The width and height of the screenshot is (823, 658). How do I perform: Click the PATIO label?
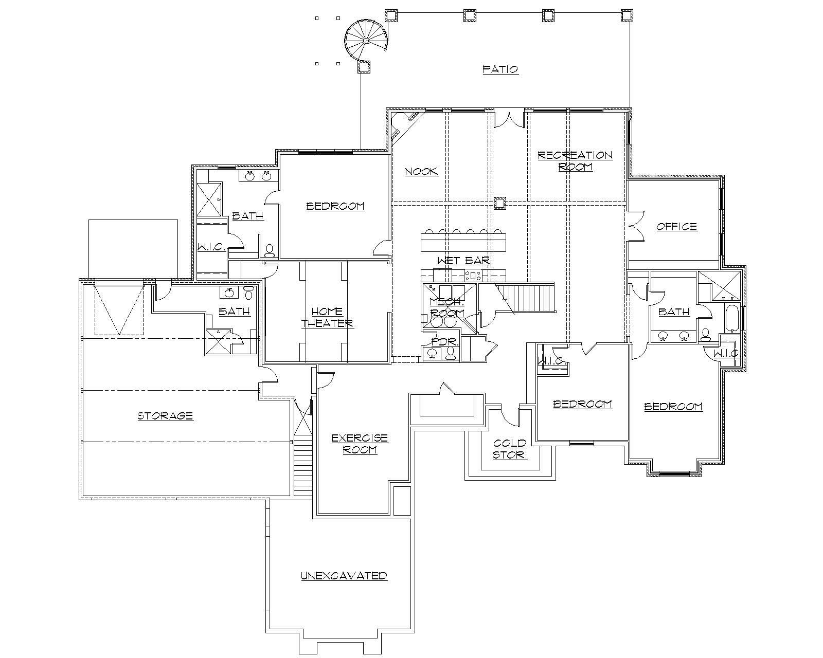(500, 69)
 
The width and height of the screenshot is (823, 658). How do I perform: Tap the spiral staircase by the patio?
(365, 40)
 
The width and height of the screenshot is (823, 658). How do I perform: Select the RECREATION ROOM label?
(575, 161)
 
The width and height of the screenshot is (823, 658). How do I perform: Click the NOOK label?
(421, 172)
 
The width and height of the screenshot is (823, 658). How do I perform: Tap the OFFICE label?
(676, 227)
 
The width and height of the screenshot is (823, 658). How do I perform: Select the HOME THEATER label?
(327, 318)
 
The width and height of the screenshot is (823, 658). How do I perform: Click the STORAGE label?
(165, 415)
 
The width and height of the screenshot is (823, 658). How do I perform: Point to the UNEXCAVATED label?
(344, 576)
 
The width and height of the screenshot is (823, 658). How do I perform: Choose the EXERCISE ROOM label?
(360, 444)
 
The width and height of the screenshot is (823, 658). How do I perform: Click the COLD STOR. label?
(510, 449)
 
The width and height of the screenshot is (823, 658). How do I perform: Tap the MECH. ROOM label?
(446, 307)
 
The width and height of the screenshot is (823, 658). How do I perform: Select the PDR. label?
(441, 341)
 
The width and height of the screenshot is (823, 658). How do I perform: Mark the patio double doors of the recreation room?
(509, 119)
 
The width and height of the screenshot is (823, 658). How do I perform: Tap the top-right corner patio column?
(626, 15)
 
